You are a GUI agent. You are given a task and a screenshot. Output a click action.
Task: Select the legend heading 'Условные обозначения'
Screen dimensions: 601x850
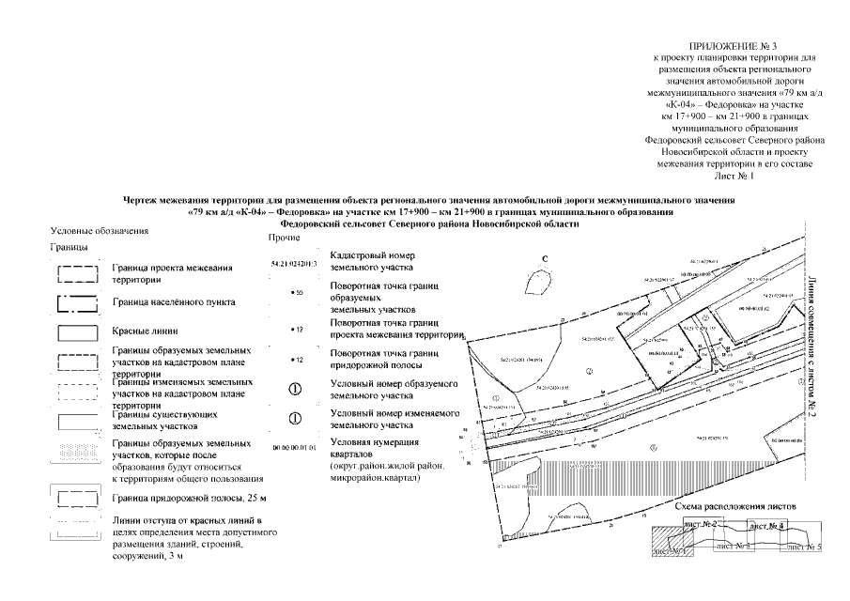click(100, 231)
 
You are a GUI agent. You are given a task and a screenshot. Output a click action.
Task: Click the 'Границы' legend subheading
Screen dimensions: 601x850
click(69, 248)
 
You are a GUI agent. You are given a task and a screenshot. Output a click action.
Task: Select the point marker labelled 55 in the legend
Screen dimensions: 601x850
click(295, 294)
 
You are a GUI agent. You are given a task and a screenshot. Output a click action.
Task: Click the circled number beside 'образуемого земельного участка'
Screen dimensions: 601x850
click(295, 387)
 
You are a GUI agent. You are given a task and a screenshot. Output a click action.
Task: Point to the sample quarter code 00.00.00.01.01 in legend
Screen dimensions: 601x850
click(295, 449)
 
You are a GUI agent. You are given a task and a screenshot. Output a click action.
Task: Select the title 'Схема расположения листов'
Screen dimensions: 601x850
click(729, 506)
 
